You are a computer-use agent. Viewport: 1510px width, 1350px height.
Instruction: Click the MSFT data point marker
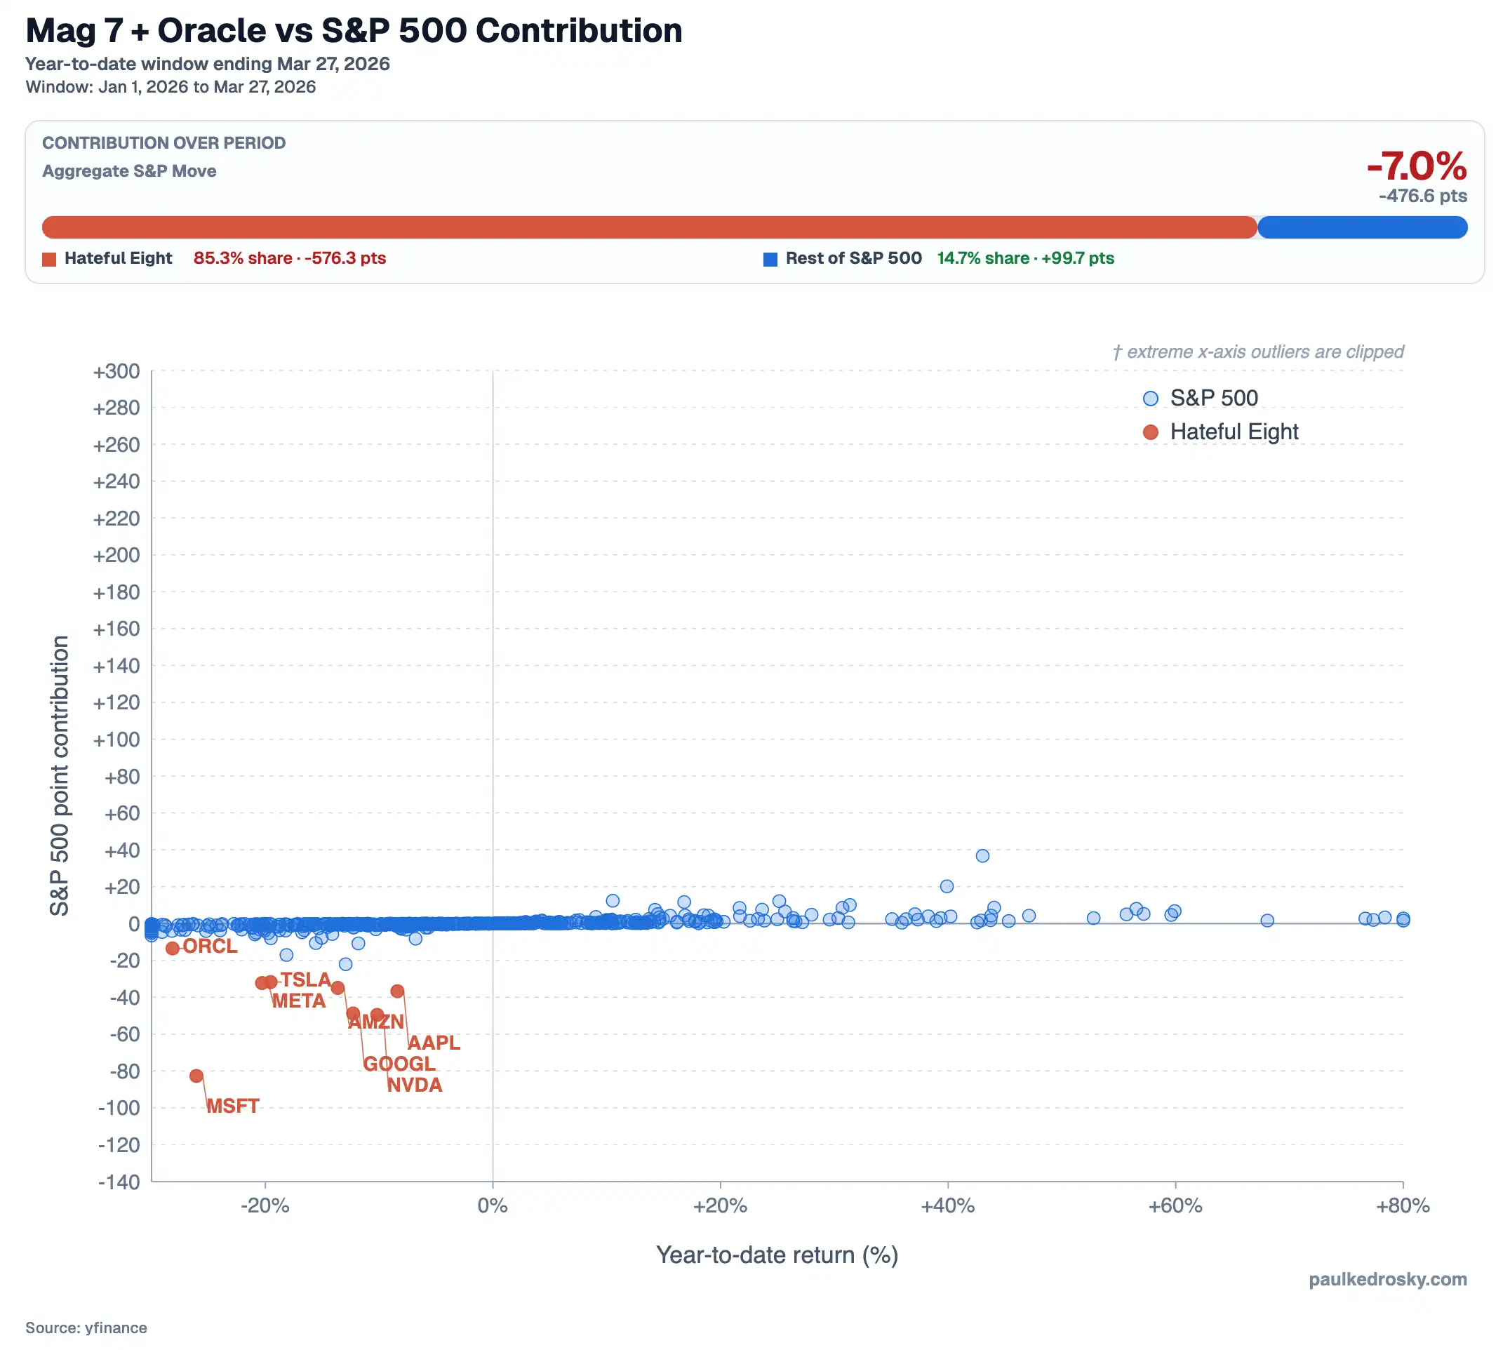(x=196, y=1076)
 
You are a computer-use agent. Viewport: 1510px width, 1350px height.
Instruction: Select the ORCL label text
(x=210, y=947)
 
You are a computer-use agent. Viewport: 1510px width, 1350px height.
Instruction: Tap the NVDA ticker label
(x=415, y=1085)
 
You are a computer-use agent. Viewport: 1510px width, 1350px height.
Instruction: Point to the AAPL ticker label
(x=434, y=1043)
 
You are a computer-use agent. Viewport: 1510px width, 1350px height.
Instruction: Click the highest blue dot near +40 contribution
(x=982, y=856)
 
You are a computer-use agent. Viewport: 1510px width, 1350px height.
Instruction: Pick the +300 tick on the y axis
(x=116, y=372)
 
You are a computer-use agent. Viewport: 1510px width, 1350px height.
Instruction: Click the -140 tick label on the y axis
(x=119, y=1182)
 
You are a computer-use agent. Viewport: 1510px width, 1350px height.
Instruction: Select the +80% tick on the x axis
(x=1403, y=1206)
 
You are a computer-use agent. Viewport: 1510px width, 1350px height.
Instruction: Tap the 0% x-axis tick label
(x=493, y=1206)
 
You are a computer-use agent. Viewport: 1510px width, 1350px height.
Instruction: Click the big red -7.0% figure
(x=1417, y=166)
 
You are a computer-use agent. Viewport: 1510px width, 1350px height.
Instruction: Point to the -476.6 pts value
(x=1422, y=196)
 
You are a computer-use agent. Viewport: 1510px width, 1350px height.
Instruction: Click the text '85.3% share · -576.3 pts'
(x=290, y=258)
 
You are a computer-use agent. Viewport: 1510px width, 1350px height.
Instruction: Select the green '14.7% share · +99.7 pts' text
(x=1025, y=258)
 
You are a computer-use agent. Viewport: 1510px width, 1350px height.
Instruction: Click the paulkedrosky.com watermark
(x=1387, y=1280)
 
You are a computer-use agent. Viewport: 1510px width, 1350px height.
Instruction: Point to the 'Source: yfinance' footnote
(x=86, y=1328)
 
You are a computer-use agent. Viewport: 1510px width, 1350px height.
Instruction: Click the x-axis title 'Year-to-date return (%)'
(x=777, y=1255)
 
